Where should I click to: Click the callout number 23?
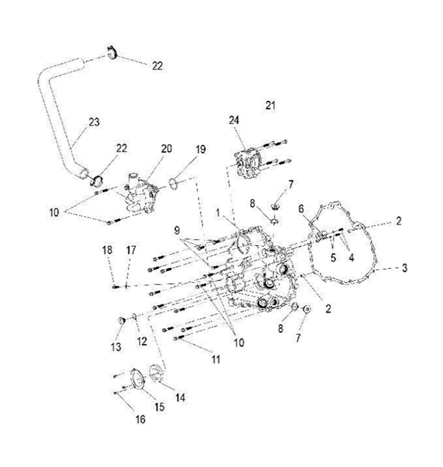[x=94, y=122]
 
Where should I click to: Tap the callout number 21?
[x=270, y=106]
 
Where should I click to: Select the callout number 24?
[x=234, y=120]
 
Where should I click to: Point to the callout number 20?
[x=166, y=149]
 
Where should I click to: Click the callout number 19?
[x=200, y=149]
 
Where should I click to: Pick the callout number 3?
[x=404, y=268]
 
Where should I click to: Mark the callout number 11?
[x=216, y=360]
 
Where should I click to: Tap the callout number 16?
[x=140, y=419]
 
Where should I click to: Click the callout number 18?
[x=107, y=250]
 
